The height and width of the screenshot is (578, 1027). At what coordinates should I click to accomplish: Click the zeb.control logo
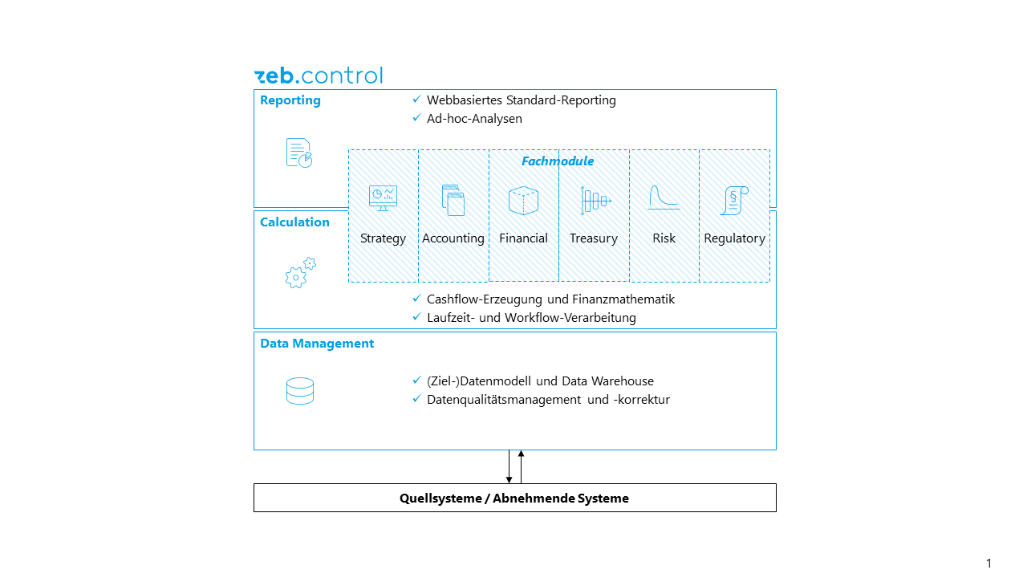coord(318,76)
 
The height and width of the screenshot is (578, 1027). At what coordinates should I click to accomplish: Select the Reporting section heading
coord(290,100)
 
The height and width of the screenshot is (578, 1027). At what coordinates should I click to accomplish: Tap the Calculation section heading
coord(294,222)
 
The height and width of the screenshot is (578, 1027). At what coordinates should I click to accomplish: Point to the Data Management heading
coord(317,344)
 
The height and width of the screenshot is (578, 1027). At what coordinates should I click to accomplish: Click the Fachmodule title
coord(558,161)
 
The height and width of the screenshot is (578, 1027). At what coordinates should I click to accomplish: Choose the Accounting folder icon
coord(453,200)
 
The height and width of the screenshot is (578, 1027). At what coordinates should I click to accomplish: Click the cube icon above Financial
coord(523,200)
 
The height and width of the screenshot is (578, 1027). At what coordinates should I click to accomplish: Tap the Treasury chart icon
coord(595,201)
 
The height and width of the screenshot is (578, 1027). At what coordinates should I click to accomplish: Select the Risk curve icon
coord(664,198)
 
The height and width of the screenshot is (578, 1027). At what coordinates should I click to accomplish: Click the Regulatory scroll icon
coord(734,200)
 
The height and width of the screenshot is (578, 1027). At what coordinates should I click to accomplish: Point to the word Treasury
coord(594,238)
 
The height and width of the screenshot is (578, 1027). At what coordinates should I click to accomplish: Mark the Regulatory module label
coord(734,238)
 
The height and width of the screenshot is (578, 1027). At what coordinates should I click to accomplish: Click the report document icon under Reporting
coord(299,153)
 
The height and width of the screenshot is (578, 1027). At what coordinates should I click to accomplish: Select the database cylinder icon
coord(300,391)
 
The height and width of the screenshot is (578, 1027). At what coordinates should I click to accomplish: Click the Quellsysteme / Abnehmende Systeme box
coord(514,498)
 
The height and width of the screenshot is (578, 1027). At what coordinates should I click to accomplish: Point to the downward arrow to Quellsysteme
coord(509,467)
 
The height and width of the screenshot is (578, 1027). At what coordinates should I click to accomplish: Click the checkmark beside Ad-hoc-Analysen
coord(416,118)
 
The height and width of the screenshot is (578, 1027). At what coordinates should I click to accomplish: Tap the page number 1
coord(988,564)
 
